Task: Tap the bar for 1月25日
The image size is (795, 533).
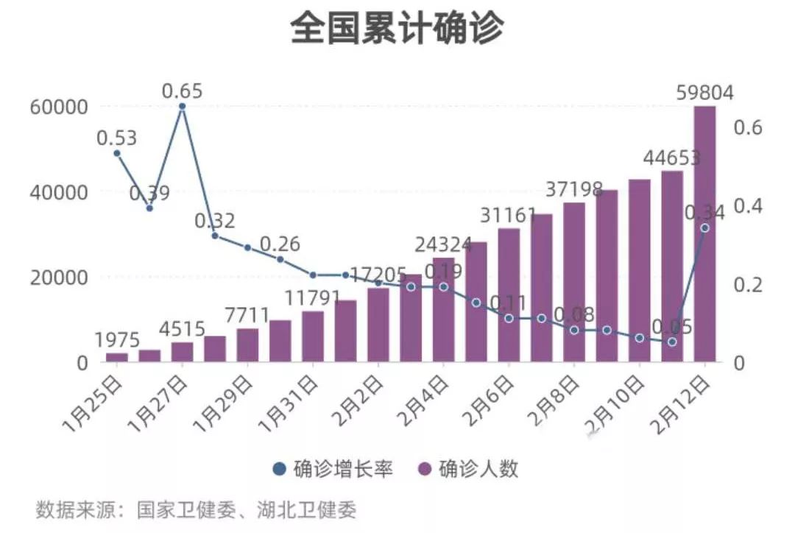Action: [116, 357]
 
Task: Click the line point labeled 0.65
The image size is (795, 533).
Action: [182, 106]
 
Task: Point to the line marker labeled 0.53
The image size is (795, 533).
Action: [116, 153]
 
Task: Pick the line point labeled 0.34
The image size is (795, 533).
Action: [704, 227]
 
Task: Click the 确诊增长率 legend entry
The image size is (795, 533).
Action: [332, 469]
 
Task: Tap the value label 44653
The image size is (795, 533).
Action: [671, 158]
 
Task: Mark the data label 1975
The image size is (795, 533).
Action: [117, 340]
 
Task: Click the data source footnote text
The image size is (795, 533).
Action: [196, 509]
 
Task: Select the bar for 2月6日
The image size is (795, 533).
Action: [509, 295]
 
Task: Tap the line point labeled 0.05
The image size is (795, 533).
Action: [672, 342]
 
